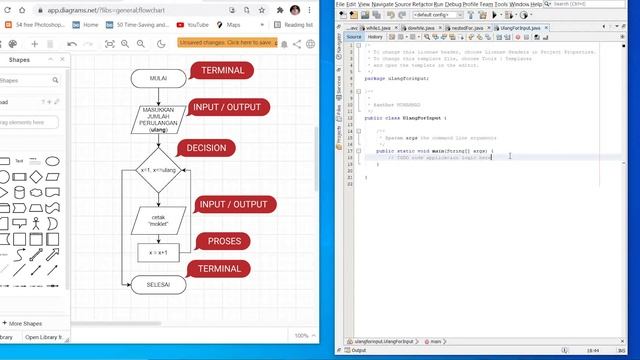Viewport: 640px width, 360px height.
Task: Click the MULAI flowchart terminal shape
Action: [x=157, y=78]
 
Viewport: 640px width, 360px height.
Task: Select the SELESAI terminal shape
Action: [x=157, y=285]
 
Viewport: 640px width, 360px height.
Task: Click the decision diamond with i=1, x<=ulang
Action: [x=157, y=170]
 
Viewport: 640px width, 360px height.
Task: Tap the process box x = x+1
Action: [x=157, y=253]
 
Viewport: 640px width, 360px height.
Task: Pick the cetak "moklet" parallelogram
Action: [x=157, y=220]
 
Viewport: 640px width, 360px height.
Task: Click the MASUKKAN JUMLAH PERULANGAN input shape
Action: [x=157, y=120]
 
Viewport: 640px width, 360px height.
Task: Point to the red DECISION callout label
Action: [x=206, y=148]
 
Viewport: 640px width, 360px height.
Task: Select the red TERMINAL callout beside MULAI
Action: [x=222, y=71]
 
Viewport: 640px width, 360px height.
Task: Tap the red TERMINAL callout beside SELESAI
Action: [x=219, y=269]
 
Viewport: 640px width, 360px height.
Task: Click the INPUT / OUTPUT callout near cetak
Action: [x=233, y=205]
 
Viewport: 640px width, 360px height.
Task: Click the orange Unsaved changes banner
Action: [x=226, y=43]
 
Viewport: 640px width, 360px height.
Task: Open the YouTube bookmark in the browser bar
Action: [x=197, y=24]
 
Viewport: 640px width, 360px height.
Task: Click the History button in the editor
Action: [x=374, y=37]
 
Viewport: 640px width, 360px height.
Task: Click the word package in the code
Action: [x=373, y=78]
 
